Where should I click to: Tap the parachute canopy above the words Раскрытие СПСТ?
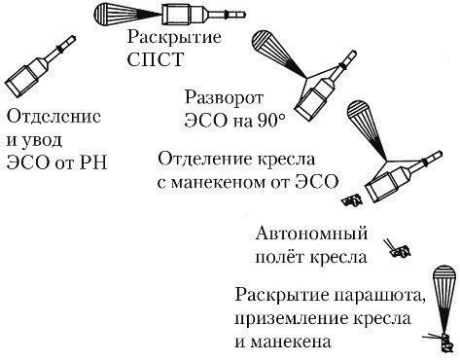click(x=116, y=16)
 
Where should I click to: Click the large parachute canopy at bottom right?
click(x=444, y=287)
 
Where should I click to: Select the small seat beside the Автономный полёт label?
click(x=395, y=249)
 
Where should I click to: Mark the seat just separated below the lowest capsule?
click(x=353, y=200)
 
